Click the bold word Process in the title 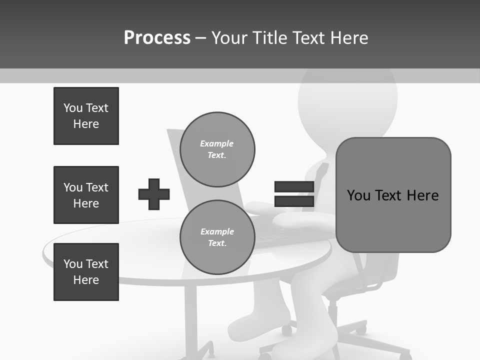click(x=157, y=38)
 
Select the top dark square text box click(x=86, y=116)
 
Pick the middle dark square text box click(x=86, y=195)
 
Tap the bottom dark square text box click(x=86, y=272)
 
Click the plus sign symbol click(x=154, y=194)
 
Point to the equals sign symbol click(x=294, y=194)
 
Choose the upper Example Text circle click(x=217, y=149)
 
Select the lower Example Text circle click(x=217, y=237)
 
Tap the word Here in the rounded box click(x=422, y=195)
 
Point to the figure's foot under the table click(x=260, y=320)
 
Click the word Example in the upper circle click(x=217, y=143)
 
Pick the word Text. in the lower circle click(x=217, y=243)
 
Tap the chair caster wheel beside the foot click(x=286, y=330)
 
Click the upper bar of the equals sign click(x=294, y=187)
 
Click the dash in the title click(x=200, y=38)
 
